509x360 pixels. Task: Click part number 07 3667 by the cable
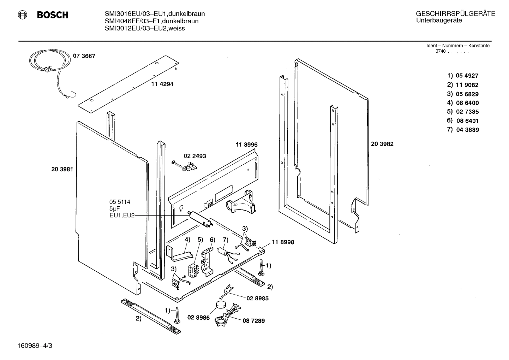coord(84,56)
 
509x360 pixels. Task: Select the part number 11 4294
coord(162,84)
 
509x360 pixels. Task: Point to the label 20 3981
coord(62,169)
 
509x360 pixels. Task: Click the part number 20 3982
coord(382,144)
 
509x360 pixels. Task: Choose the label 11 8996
coord(246,144)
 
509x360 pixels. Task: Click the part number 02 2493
coord(194,156)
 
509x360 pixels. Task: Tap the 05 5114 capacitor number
coord(120,202)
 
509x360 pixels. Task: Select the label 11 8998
coord(283,242)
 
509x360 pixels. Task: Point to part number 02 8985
coord(257,298)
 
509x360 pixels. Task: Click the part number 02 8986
coord(198,318)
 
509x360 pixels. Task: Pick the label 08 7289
coord(253,321)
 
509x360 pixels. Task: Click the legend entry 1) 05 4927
coord(463,76)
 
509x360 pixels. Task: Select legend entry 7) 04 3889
coord(463,130)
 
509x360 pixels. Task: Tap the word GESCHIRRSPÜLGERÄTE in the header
coord(455,14)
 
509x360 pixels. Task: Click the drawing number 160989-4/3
coord(35,345)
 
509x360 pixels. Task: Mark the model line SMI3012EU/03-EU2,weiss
coord(145,28)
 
